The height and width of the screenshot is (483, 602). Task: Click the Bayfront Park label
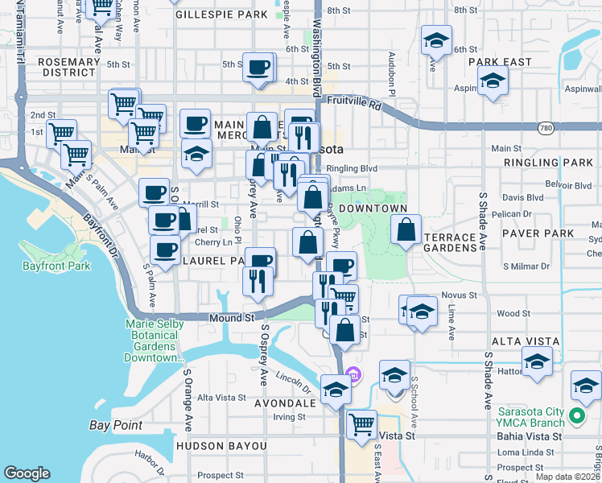pyautogui.click(x=54, y=265)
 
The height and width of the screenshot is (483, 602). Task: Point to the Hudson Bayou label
pyautogui.click(x=221, y=445)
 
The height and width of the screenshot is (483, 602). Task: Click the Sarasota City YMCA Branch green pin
pyautogui.click(x=576, y=416)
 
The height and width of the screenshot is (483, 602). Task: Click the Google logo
pyautogui.click(x=27, y=473)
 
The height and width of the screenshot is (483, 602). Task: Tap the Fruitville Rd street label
pyautogui.click(x=358, y=103)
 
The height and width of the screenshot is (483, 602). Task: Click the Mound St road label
pyautogui.click(x=233, y=319)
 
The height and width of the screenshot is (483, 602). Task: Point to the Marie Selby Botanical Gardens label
pyautogui.click(x=155, y=341)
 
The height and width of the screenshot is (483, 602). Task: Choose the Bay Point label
pyautogui.click(x=116, y=425)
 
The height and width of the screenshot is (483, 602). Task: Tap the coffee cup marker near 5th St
pyautogui.click(x=258, y=68)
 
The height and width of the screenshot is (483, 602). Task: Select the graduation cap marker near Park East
pyautogui.click(x=492, y=80)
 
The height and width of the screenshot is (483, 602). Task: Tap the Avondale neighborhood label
pyautogui.click(x=287, y=402)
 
